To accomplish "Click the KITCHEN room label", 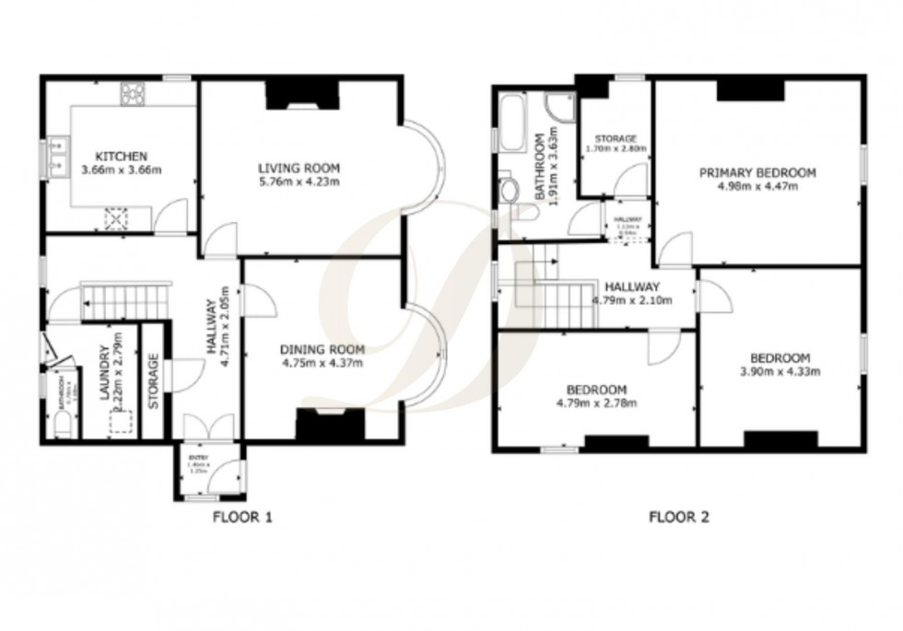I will pos(121,156).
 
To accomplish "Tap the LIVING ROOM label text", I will pos(299,168).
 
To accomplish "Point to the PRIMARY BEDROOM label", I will pos(757,172).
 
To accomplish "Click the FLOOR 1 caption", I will pos(242,517).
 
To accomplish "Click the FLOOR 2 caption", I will pos(679,517).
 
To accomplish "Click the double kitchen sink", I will pos(58,156).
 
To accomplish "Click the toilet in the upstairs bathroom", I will pos(509,189).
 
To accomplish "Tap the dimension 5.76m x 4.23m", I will pos(299,181).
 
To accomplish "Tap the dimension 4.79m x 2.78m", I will pos(596,403).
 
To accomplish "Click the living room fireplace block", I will pos(303,93).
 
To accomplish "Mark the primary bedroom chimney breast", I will pos(749,89).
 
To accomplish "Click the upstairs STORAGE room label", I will pos(616,138).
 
